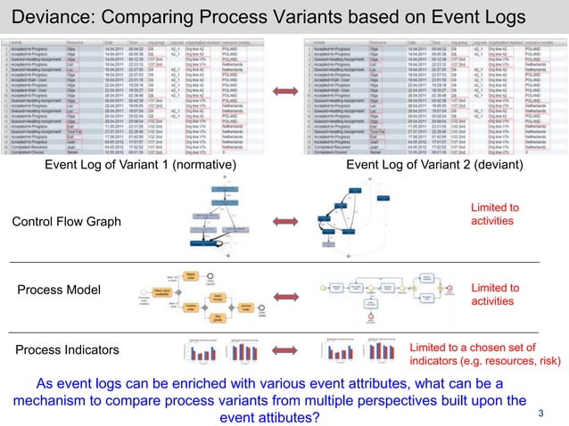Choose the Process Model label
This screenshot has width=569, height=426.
tap(60, 291)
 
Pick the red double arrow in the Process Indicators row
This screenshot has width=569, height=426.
tap(284, 350)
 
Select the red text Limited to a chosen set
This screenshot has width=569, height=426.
tap(473, 348)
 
